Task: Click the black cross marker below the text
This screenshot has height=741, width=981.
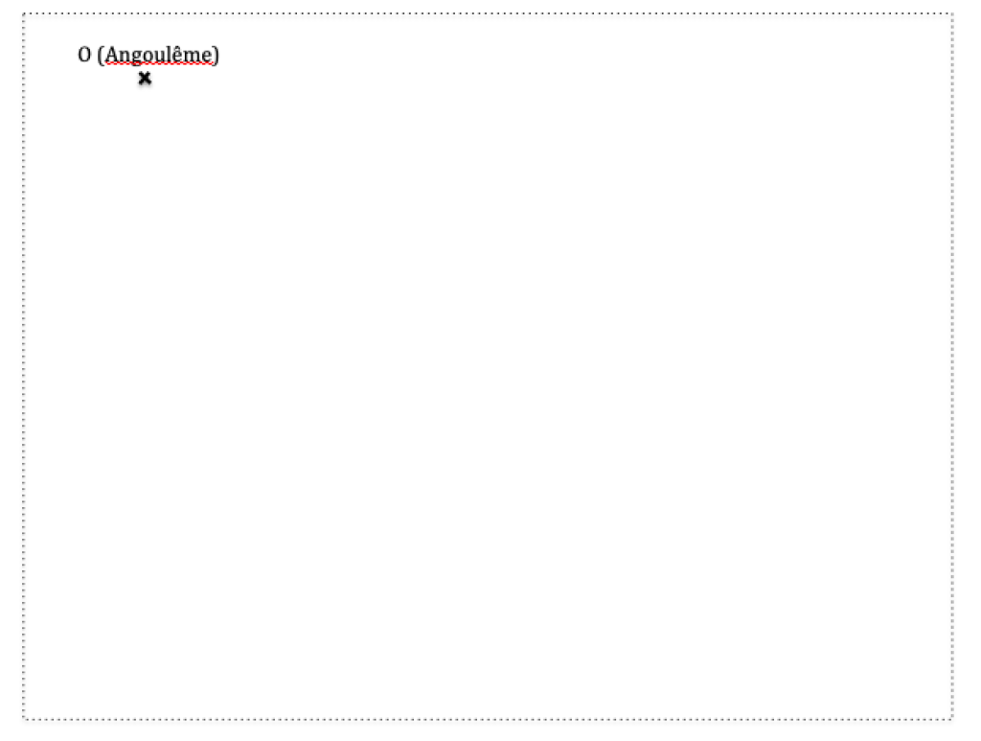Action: [145, 79]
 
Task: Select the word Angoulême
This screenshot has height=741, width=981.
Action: [159, 55]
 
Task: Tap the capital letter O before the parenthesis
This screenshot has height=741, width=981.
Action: [84, 55]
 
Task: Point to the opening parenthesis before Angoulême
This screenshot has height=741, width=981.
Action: [101, 55]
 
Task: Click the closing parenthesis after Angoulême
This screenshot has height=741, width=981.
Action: [217, 55]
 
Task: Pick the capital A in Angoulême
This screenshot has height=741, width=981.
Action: [111, 55]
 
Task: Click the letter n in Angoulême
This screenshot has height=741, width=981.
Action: [124, 57]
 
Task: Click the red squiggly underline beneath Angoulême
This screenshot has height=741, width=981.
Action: [159, 64]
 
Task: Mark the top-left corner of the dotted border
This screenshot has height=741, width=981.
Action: [23, 13]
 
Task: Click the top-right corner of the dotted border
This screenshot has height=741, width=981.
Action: [952, 13]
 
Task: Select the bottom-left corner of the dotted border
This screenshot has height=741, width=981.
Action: [23, 718]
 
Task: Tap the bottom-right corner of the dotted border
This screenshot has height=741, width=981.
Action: [952, 718]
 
